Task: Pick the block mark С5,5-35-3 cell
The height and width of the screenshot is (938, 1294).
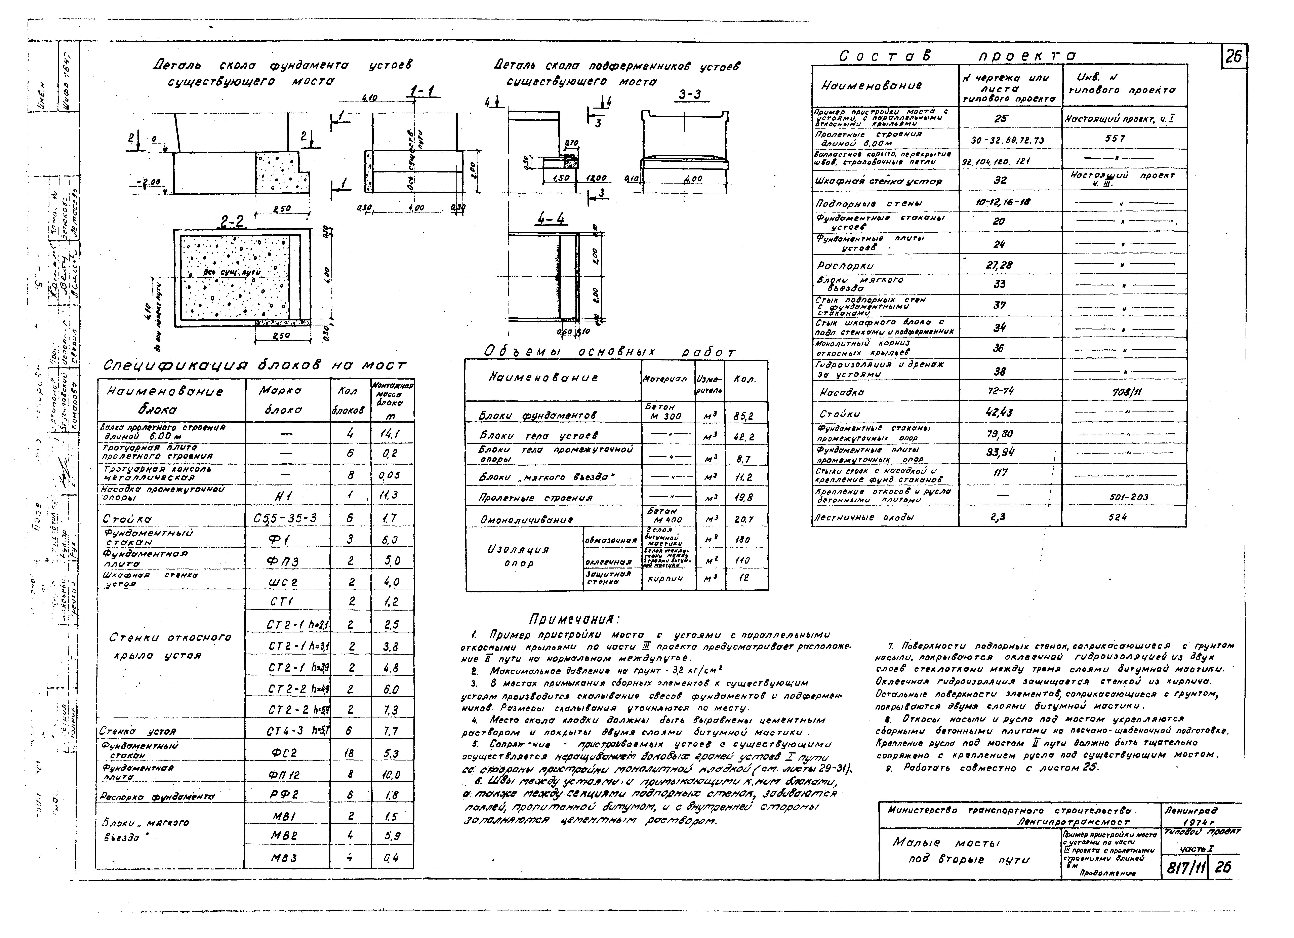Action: (x=285, y=518)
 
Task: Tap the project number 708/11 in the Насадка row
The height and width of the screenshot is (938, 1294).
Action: (x=1122, y=393)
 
